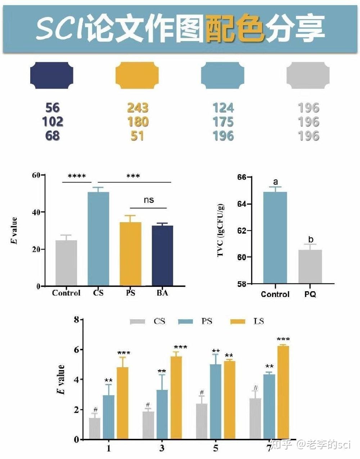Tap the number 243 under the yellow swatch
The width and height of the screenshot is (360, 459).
pyautogui.click(x=138, y=108)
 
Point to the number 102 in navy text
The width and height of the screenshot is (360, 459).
pyautogui.click(x=53, y=122)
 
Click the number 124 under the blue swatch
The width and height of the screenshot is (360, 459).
pyautogui.click(x=223, y=108)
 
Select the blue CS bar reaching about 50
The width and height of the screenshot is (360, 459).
pyautogui.click(x=98, y=239)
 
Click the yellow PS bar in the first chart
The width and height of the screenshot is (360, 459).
pyautogui.click(x=130, y=254)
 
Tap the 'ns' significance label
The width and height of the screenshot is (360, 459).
pyautogui.click(x=149, y=200)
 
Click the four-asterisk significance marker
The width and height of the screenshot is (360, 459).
pyautogui.click(x=77, y=176)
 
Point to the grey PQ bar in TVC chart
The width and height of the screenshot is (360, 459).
pyautogui.click(x=310, y=266)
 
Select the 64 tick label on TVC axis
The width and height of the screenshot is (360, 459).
pyautogui.click(x=242, y=204)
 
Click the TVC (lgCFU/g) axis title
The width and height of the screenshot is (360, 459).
pyautogui.click(x=220, y=230)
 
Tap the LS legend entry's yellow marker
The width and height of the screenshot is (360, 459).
pyautogui.click(x=238, y=321)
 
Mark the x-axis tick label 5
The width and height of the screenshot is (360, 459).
pyautogui.click(x=215, y=449)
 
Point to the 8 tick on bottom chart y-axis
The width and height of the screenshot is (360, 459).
pyautogui.click(x=76, y=319)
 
